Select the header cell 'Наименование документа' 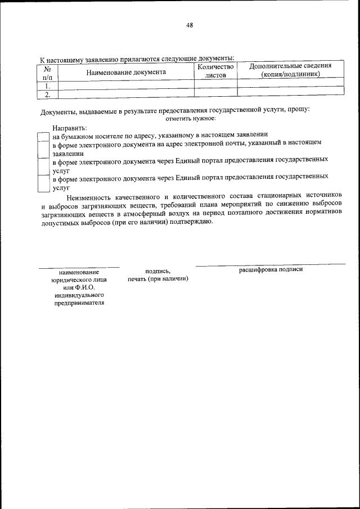126,72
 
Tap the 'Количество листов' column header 215,70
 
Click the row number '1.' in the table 48,86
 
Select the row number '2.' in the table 48,94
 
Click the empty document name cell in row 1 126,86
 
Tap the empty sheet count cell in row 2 215,94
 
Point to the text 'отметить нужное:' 190,118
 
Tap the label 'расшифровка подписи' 271,269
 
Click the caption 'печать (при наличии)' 157,279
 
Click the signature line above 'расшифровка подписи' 271,264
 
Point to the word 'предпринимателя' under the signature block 79,303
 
